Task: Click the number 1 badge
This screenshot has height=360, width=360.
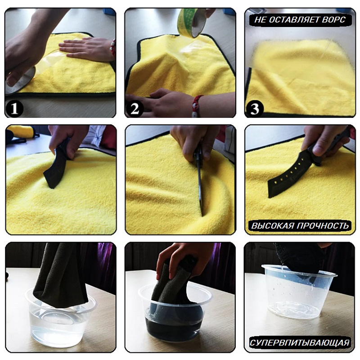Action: pyautogui.click(x=14, y=108)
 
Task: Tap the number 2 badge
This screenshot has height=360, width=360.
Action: pyautogui.click(x=135, y=108)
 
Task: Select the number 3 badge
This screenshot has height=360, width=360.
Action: pyautogui.click(x=255, y=108)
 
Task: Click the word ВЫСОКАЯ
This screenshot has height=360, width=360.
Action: pyautogui.click(x=273, y=226)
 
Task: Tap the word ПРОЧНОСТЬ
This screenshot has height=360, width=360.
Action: pyautogui.click(x=323, y=226)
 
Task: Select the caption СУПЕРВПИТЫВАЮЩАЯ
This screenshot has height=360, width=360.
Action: pyautogui.click(x=300, y=343)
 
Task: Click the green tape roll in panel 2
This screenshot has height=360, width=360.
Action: pyautogui.click(x=192, y=22)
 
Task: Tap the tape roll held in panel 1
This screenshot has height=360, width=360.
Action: pyautogui.click(x=19, y=81)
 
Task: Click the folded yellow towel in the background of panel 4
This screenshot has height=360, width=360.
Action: pyautogui.click(x=21, y=131)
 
